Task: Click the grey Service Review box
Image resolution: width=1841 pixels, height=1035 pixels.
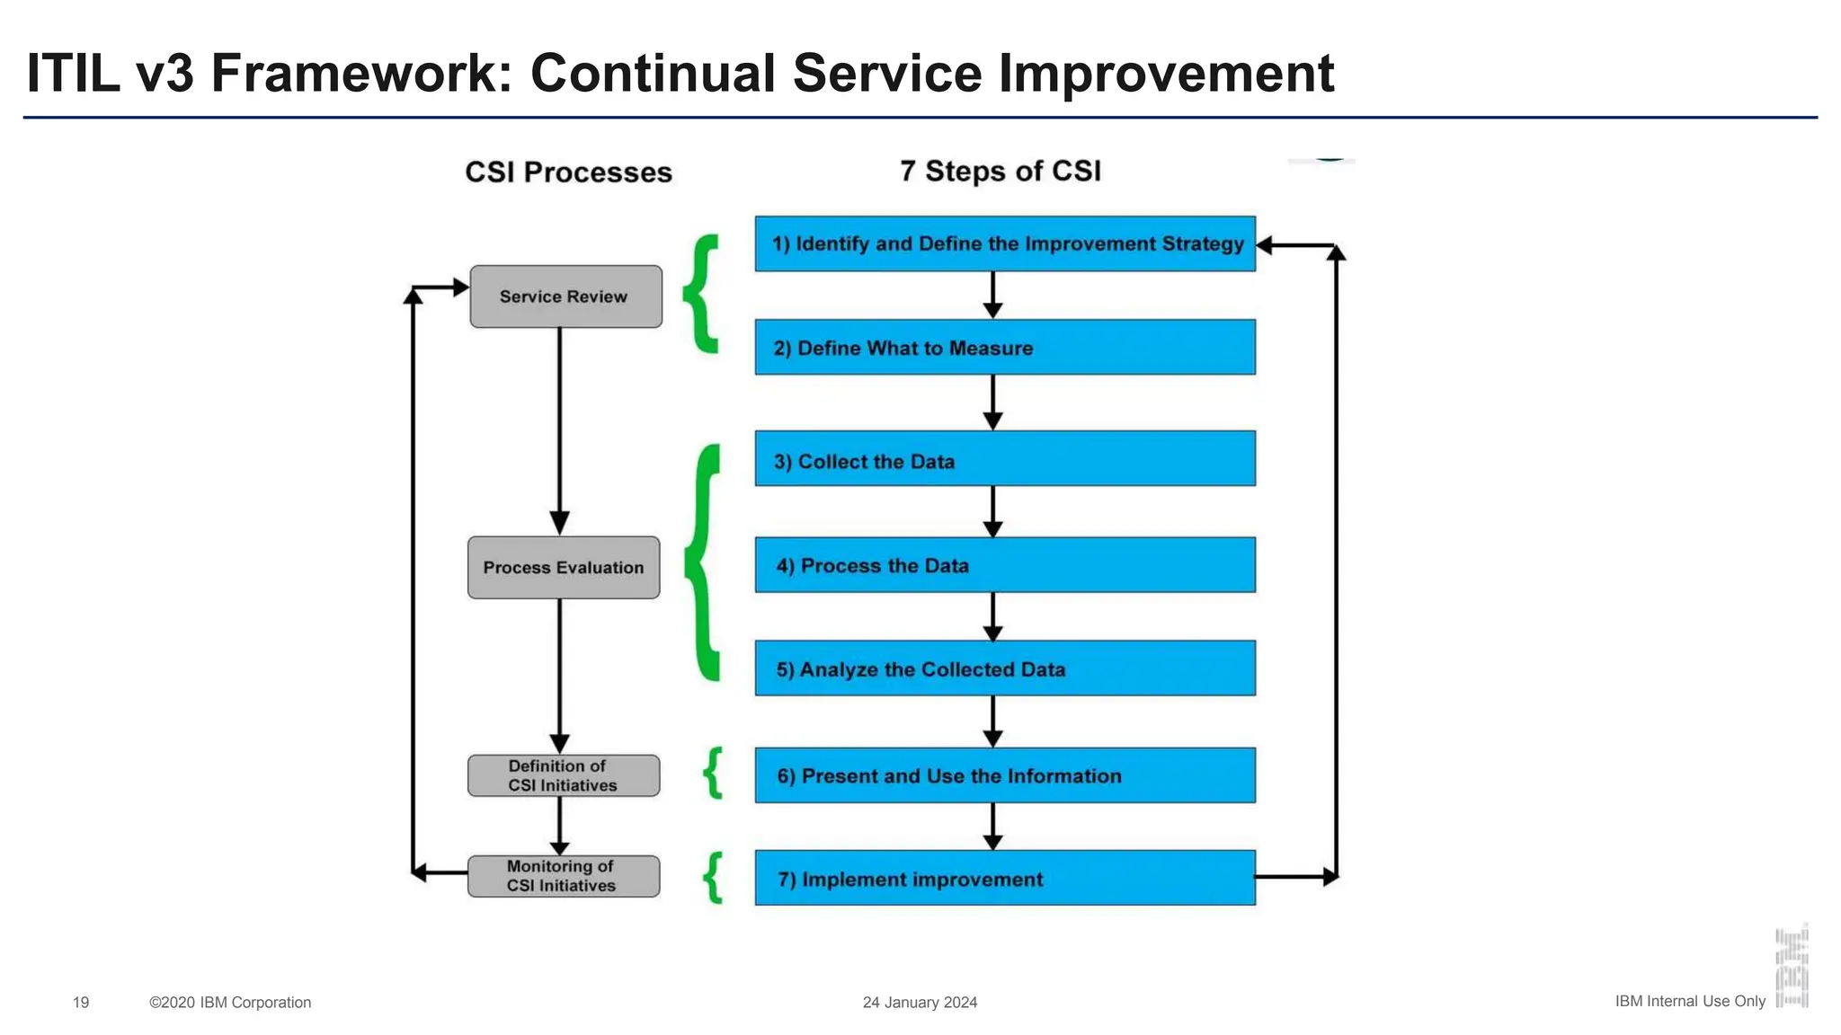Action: (x=565, y=296)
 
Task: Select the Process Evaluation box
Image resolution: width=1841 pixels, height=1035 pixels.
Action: (x=564, y=568)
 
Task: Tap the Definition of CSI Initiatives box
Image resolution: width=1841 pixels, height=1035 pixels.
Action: (x=564, y=775)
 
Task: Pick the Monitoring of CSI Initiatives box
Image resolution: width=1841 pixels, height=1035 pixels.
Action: (x=564, y=876)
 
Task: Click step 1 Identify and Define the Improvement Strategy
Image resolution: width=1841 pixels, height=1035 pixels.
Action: (x=1005, y=243)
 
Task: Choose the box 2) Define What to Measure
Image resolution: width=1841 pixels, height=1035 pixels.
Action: (x=1005, y=348)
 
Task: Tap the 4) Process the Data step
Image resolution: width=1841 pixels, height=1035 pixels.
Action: (x=1005, y=565)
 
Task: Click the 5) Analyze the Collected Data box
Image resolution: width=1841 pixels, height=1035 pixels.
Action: (x=1005, y=668)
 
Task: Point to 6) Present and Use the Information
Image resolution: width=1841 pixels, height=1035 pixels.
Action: (x=1005, y=775)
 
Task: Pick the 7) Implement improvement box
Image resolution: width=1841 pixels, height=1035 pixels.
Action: (x=1005, y=878)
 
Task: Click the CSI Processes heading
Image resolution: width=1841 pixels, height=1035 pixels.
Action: (x=568, y=172)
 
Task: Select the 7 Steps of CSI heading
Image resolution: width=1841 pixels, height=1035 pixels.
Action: (x=1001, y=171)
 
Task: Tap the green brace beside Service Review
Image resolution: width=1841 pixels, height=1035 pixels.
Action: (x=701, y=293)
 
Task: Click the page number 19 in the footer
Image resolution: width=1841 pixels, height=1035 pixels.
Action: (x=81, y=1002)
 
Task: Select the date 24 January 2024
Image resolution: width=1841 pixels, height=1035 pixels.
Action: (x=920, y=1002)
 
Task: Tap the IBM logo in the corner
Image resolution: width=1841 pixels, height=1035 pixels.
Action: (x=1792, y=967)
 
